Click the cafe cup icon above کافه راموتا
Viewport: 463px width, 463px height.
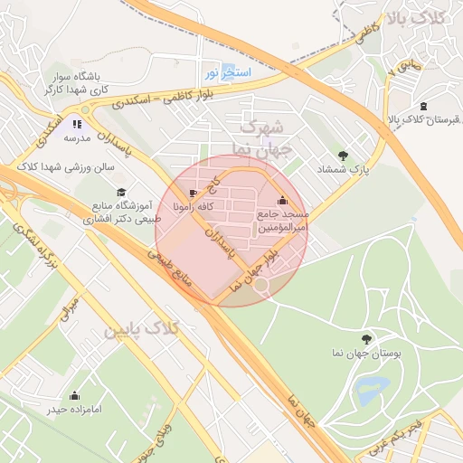click(193, 194)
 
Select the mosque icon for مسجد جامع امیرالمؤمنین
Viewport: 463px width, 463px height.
click(283, 201)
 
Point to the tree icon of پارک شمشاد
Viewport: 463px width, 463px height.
click(342, 155)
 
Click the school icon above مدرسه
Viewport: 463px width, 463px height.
click(77, 123)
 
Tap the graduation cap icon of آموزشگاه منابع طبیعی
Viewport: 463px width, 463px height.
click(121, 192)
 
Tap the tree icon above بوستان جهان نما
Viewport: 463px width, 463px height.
click(365, 336)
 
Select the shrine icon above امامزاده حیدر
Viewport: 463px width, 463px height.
click(73, 395)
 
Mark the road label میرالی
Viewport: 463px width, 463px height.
click(68, 310)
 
